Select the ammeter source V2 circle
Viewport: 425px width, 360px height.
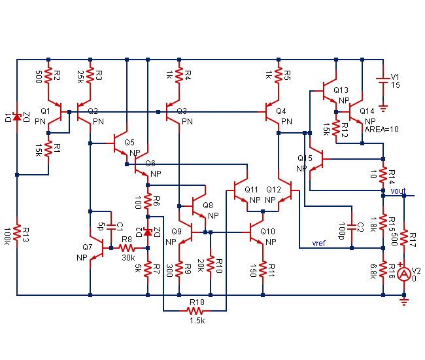404,273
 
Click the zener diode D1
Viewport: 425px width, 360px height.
17,117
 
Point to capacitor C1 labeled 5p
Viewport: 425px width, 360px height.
111,226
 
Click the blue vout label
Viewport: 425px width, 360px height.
398,190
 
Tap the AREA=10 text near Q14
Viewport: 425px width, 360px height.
382,129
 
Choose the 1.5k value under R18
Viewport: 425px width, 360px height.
197,321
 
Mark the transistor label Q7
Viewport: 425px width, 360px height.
88,247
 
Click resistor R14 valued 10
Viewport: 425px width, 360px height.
383,175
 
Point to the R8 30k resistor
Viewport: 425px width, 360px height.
127,248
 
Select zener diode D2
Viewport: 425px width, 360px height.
148,232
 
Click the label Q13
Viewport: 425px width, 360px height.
341,90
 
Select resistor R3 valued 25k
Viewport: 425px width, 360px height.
90,77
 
